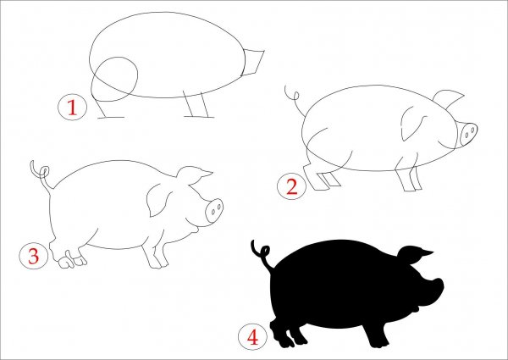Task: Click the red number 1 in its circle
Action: (72, 108)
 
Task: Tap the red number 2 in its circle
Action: (292, 187)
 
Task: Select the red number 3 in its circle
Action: (34, 256)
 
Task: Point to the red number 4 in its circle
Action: (252, 337)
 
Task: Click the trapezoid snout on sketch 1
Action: (253, 63)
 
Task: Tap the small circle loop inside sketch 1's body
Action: (115, 79)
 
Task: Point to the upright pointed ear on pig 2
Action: (449, 99)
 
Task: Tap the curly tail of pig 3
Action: (41, 177)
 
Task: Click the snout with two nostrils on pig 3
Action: (214, 211)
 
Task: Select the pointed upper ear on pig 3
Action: (194, 176)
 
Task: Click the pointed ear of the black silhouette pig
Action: (416, 255)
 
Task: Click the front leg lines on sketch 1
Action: (197, 104)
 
